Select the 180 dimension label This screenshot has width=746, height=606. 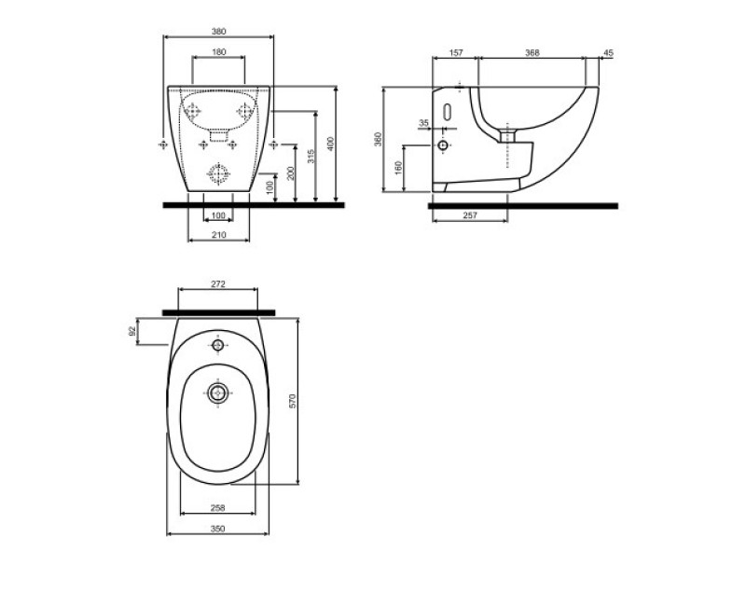click(x=217, y=53)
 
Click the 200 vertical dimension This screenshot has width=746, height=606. click(x=291, y=173)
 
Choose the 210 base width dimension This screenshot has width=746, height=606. click(x=218, y=237)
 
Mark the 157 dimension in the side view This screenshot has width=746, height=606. click(x=456, y=53)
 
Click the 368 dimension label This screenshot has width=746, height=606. click(x=532, y=53)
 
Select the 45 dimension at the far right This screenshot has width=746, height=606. click(x=607, y=53)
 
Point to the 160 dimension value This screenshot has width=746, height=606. click(x=398, y=169)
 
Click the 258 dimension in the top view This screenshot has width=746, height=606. click(x=217, y=509)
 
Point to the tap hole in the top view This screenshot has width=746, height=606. click(x=218, y=346)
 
